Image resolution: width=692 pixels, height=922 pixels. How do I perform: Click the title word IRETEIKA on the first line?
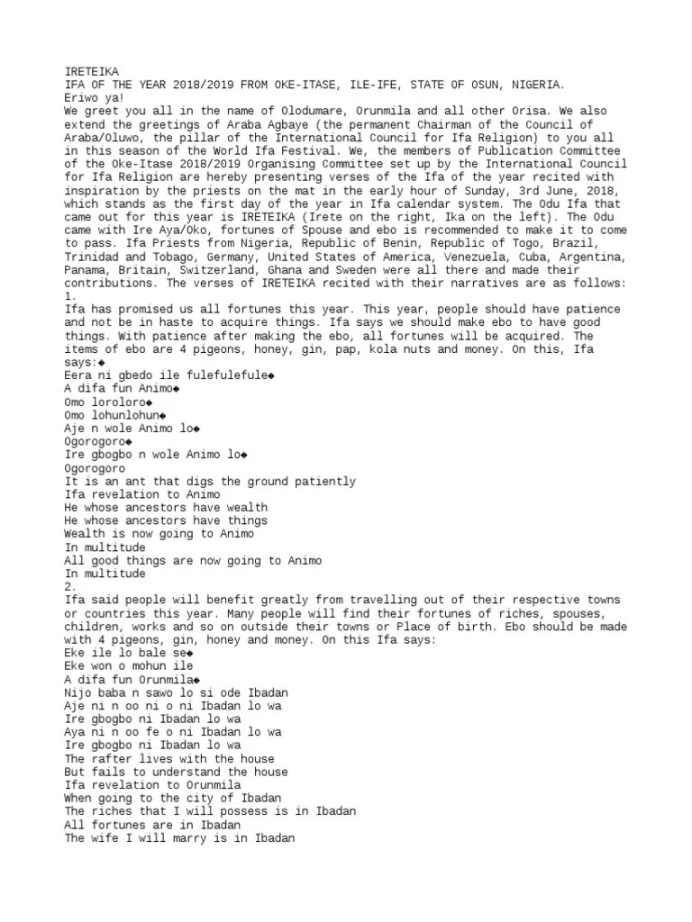click(x=91, y=71)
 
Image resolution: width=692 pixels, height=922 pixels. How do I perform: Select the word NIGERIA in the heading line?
click(x=537, y=85)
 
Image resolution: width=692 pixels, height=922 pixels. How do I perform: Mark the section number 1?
click(x=70, y=295)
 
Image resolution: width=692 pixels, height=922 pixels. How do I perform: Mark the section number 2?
click(x=70, y=586)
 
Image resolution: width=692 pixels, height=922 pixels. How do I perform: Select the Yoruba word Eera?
click(x=79, y=375)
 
